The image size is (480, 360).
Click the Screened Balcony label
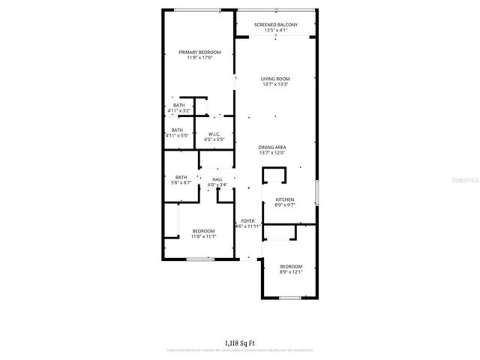[x=275, y=25]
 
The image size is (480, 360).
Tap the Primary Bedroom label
[x=199, y=52]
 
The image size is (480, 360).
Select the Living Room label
[x=275, y=79]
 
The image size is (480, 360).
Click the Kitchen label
[x=274, y=199]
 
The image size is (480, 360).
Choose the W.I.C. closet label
[x=215, y=134]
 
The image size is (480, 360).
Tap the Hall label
[x=217, y=179]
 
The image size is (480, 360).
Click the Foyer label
[x=247, y=220]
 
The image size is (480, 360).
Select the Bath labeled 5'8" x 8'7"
[x=181, y=177]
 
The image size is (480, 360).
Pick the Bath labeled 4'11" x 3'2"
[x=178, y=106]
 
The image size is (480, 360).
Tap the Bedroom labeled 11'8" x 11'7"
[x=203, y=230]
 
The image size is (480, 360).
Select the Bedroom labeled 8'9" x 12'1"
[x=291, y=266]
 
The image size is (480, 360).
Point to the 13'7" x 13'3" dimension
[x=275, y=85]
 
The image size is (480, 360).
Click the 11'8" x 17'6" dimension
[x=199, y=58]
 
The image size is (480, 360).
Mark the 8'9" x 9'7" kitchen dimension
[x=274, y=205]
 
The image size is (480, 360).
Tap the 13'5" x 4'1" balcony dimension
[x=275, y=31]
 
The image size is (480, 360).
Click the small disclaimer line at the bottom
[x=239, y=350]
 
